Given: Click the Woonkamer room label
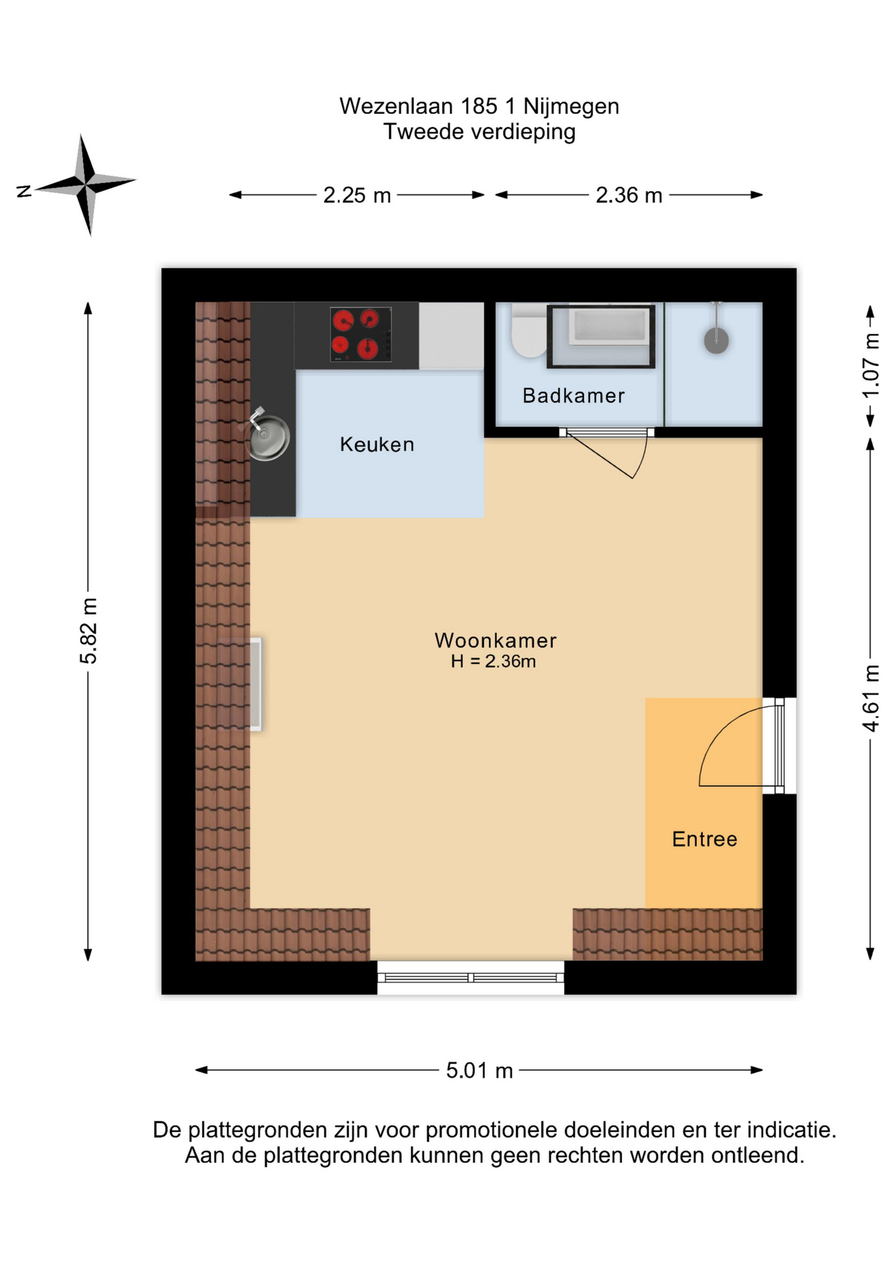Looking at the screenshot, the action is tap(495, 640).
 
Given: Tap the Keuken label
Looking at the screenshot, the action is tap(377, 444).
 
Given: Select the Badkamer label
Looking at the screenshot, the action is tap(573, 395).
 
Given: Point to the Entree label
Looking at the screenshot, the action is tap(705, 839).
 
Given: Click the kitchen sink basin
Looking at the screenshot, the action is tap(268, 437).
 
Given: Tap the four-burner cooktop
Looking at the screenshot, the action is tap(361, 335).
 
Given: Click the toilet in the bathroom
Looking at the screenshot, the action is tap(528, 330).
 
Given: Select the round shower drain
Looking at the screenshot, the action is tap(716, 340).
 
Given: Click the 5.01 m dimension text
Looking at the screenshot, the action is tap(479, 1071).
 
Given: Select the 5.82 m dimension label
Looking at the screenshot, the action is tap(88, 631).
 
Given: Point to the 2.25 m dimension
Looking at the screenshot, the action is tap(357, 195).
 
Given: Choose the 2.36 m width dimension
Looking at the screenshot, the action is tap(629, 195).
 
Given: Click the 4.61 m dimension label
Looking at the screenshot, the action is tap(871, 698).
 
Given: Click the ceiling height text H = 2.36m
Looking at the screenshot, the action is tap(493, 661).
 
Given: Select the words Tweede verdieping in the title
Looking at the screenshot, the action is tap(479, 132).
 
